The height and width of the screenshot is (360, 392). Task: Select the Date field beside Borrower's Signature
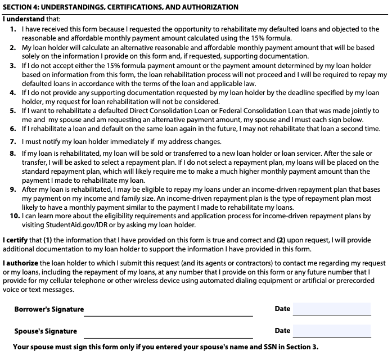tap(332, 309)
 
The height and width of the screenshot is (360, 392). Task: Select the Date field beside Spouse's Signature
tap(332, 331)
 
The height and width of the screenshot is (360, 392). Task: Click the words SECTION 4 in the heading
tap(22, 7)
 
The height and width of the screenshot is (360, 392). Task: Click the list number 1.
tap(13, 28)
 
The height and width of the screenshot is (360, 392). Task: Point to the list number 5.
tap(13, 111)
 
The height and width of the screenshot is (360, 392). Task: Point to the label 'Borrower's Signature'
tap(49, 309)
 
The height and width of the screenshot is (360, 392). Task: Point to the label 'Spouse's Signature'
tap(46, 331)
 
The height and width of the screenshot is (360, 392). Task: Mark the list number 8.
tap(13, 154)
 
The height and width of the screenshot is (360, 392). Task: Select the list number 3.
tap(13, 66)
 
